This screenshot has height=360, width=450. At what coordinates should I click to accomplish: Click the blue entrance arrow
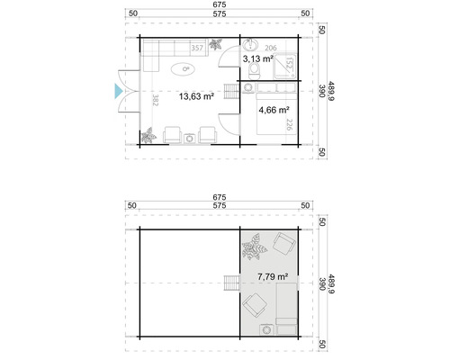click(x=114, y=89)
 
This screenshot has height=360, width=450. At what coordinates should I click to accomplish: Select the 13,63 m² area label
click(x=195, y=96)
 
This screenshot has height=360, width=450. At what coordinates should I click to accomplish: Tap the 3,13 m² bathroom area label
click(x=258, y=58)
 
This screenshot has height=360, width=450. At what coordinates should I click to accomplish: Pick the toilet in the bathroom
click(x=256, y=69)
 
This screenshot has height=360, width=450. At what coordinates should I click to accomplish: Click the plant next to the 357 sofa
click(x=215, y=45)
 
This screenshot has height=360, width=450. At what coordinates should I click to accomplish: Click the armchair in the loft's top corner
click(x=286, y=243)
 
